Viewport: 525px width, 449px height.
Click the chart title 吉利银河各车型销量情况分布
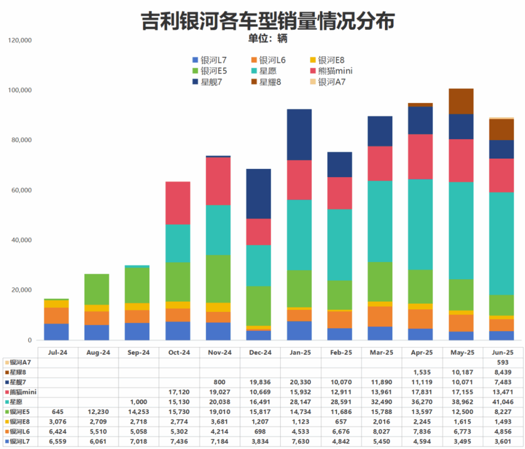coord(268,21)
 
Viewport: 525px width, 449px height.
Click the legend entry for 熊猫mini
coord(330,71)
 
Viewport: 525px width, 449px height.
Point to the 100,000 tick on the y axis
coord(20,90)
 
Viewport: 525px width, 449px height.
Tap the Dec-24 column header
coord(260,353)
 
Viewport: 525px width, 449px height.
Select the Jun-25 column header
coord(503,353)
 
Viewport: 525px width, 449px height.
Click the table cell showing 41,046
coord(503,402)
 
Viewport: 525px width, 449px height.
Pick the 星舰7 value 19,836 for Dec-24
coord(260,382)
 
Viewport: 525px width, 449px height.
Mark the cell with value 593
coord(503,362)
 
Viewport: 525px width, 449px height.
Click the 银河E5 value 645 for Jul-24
coord(57,412)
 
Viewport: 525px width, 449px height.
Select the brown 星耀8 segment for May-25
coord(461,101)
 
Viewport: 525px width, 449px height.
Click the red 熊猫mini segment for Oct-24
coord(178,203)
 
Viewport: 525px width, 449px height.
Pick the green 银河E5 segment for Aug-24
coord(97,289)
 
